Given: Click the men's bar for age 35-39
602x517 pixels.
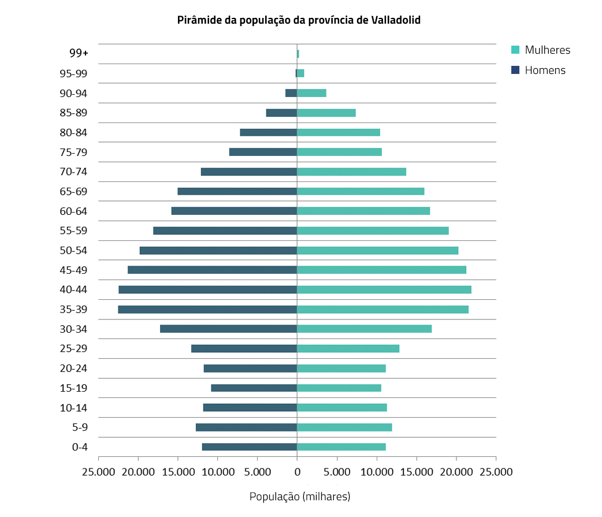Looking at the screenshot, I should pyautogui.click(x=207, y=309).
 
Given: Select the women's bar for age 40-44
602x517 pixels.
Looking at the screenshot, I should pyautogui.click(x=384, y=289).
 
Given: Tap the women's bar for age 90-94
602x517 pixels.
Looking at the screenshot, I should pyautogui.click(x=311, y=93).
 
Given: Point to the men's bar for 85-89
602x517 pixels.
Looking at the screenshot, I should pyautogui.click(x=281, y=113).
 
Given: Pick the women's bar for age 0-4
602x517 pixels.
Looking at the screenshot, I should pyautogui.click(x=341, y=447).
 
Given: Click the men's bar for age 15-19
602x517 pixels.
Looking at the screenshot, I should pyautogui.click(x=254, y=388).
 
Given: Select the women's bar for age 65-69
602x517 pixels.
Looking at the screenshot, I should pyautogui.click(x=361, y=191).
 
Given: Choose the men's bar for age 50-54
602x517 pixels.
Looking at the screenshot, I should pyautogui.click(x=218, y=250).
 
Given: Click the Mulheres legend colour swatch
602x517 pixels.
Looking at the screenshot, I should pyautogui.click(x=516, y=50).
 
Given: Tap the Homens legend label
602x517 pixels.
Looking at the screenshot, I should pyautogui.click(x=545, y=70).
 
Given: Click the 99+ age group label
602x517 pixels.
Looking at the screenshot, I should pyautogui.click(x=79, y=53).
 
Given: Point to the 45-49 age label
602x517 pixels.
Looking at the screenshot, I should pyautogui.click(x=73, y=270).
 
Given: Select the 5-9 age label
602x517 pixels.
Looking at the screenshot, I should pyautogui.click(x=80, y=427).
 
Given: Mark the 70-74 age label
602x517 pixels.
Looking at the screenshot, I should pyautogui.click(x=73, y=172).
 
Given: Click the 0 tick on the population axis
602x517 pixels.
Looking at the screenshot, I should pyautogui.click(x=297, y=471).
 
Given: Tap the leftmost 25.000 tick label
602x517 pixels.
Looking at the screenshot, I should pyautogui.click(x=98, y=471).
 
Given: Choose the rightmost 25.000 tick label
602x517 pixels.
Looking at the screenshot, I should pyautogui.click(x=496, y=471).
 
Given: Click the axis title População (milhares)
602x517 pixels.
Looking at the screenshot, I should pyautogui.click(x=300, y=496).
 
